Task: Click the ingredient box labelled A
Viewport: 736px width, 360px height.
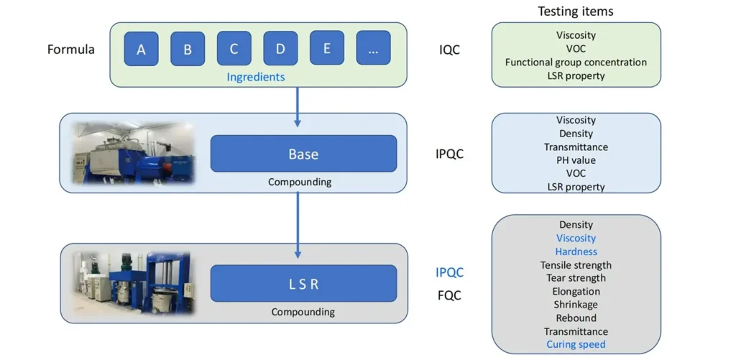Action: click(141, 49)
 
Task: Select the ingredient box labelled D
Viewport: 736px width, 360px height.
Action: click(280, 49)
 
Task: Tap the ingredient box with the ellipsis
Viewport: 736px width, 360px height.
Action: click(373, 49)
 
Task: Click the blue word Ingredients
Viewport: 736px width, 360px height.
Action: click(256, 77)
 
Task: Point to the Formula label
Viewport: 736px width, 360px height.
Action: click(70, 50)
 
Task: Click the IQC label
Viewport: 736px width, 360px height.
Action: click(449, 50)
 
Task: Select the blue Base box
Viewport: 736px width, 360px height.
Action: click(303, 154)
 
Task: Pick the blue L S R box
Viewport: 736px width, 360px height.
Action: click(303, 283)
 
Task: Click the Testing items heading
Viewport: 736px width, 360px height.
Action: click(576, 11)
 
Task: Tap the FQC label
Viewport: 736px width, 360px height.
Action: click(449, 295)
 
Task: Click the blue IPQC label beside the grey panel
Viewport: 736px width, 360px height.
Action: click(449, 272)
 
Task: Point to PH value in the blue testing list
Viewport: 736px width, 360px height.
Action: click(576, 160)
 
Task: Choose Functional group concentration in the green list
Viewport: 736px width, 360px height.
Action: click(576, 62)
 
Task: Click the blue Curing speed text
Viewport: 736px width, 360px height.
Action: click(576, 344)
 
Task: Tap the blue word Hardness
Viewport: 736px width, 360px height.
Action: click(576, 251)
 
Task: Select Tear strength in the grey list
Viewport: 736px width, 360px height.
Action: click(576, 278)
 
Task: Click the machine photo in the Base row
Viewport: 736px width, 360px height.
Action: click(133, 153)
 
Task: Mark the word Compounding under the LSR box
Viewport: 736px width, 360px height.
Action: click(303, 312)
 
